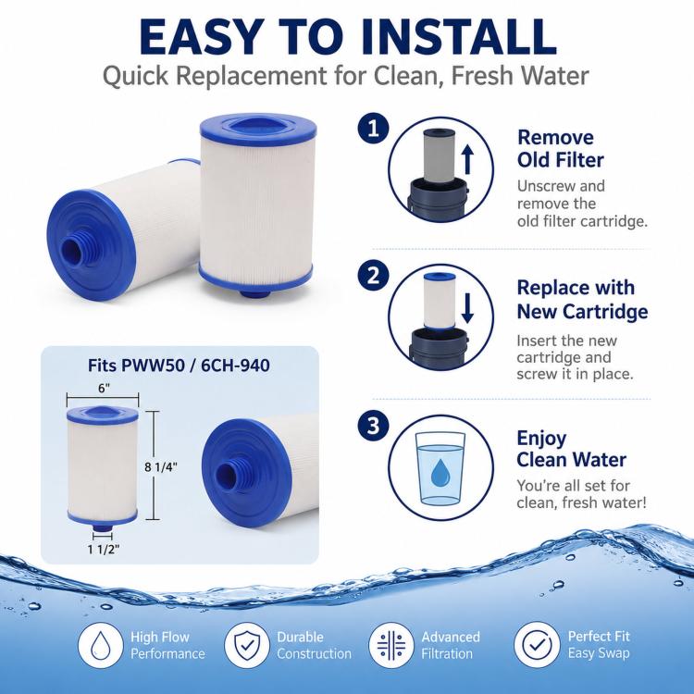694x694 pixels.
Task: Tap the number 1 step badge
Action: click(x=374, y=130)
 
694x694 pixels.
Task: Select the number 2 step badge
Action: click(x=374, y=276)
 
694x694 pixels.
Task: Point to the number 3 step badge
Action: click(x=374, y=426)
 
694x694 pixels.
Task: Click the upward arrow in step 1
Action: click(x=467, y=160)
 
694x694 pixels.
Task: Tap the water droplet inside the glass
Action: click(x=440, y=473)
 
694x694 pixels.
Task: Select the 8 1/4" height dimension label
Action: click(x=161, y=467)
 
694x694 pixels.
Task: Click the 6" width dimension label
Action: click(x=104, y=388)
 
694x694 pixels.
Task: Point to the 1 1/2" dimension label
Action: click(x=104, y=550)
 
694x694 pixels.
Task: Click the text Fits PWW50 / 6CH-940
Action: click(x=179, y=366)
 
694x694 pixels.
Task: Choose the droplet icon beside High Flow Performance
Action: click(x=101, y=645)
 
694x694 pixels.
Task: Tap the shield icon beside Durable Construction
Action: click(x=246, y=645)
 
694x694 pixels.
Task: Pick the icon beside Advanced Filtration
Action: click(x=391, y=645)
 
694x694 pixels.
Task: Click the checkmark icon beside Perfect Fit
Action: click(x=537, y=645)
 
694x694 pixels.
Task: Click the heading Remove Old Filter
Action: click(x=561, y=149)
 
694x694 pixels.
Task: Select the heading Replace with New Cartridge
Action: click(x=582, y=300)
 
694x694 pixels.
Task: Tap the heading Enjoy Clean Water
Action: click(x=572, y=449)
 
